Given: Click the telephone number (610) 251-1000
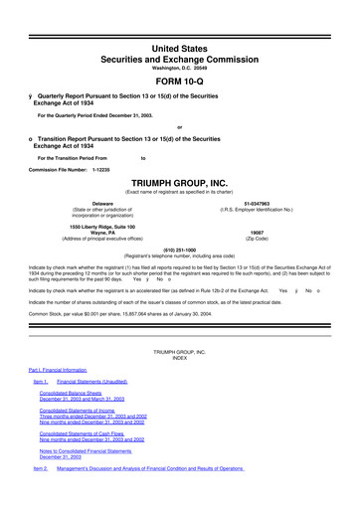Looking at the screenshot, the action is coord(179,250).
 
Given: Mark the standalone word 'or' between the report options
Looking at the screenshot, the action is coord(179,127).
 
